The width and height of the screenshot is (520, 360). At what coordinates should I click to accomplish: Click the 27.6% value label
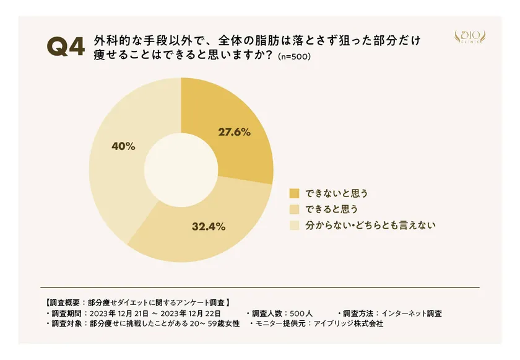234,131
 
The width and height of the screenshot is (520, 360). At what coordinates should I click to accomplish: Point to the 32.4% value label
208,226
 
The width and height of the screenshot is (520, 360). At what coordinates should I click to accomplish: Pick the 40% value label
123,146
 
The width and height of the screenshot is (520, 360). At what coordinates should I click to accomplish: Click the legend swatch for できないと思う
294,193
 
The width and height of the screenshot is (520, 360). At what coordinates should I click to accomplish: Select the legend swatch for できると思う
294,209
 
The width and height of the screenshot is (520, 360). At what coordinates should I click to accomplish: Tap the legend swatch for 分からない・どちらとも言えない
294,226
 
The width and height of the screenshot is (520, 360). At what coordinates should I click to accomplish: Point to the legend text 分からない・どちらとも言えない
371,226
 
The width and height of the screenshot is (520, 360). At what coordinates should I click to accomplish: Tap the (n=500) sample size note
295,56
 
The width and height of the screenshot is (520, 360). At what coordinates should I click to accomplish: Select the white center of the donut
181,170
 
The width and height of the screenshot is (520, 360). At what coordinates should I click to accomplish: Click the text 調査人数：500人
282,314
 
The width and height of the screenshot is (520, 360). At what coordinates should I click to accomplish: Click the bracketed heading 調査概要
65,303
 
